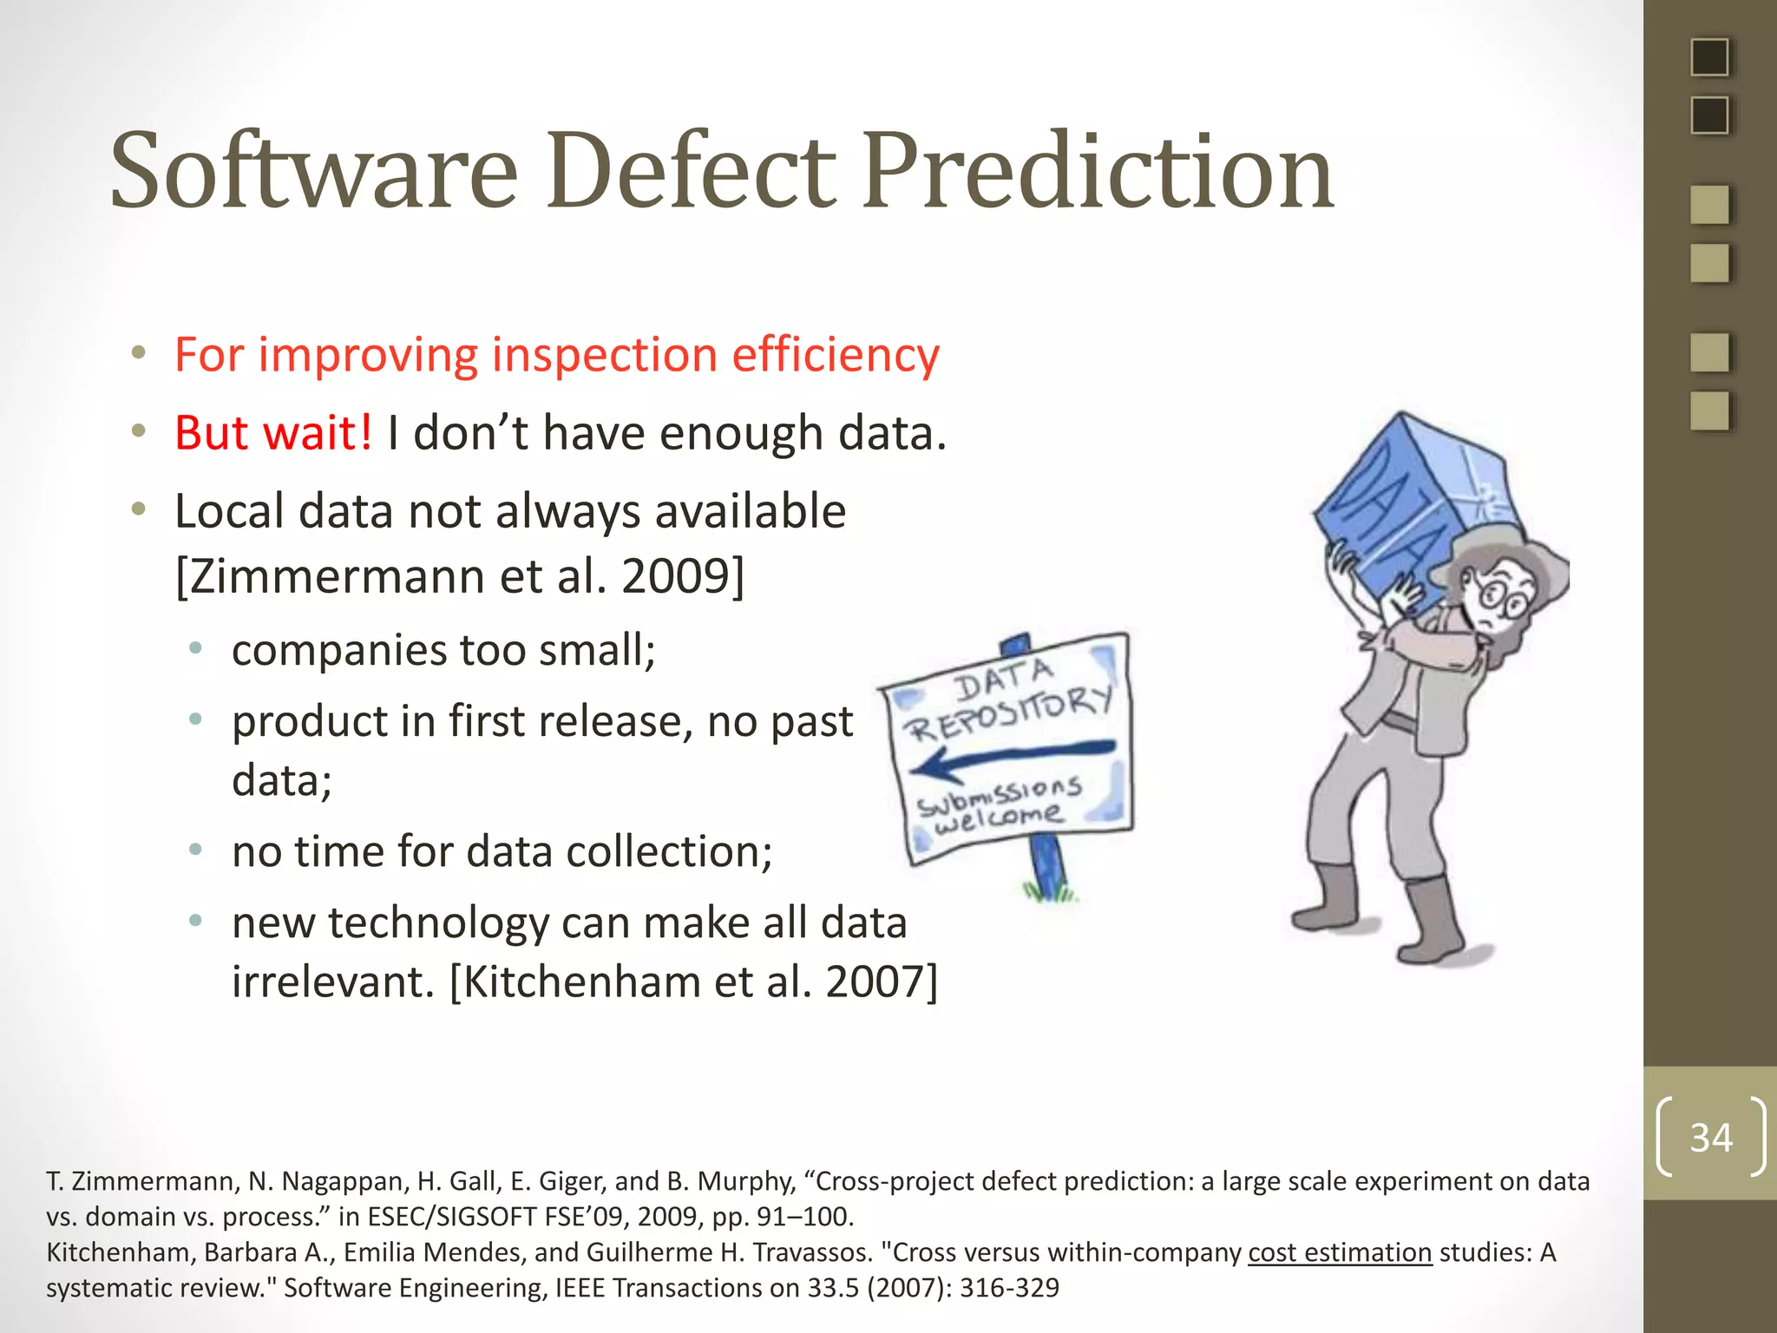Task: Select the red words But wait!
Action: [x=273, y=432]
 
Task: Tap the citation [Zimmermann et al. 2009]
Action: [x=460, y=575]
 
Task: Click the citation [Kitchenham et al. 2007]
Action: [x=694, y=982]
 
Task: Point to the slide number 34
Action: [x=1710, y=1137]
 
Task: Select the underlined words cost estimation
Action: [x=1339, y=1252]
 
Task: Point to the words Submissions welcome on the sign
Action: [x=998, y=803]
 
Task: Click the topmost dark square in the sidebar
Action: [x=1709, y=57]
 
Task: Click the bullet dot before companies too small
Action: [x=196, y=648]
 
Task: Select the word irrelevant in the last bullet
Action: [x=332, y=982]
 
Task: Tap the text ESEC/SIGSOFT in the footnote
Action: [x=451, y=1217]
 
